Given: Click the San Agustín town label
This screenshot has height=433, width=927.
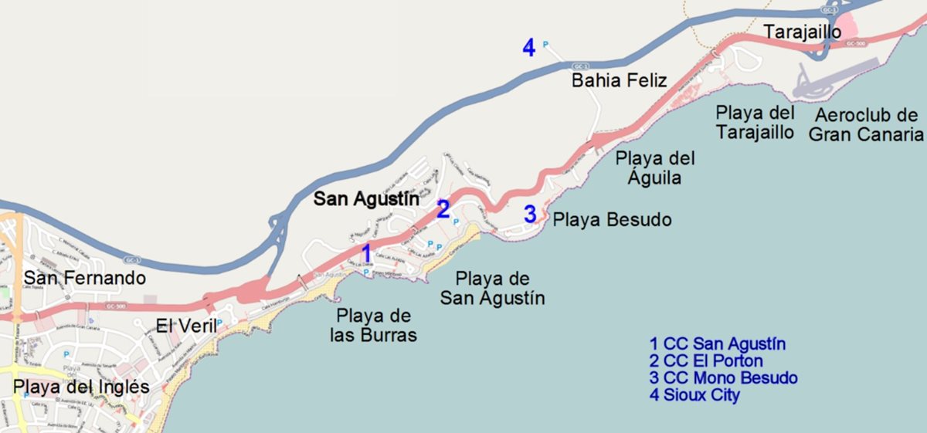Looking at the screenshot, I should [367, 199].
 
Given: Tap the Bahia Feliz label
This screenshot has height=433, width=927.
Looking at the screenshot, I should [619, 80].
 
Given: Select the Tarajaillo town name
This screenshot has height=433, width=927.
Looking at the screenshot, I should [802, 31].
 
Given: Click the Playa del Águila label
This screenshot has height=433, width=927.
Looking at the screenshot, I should [655, 168].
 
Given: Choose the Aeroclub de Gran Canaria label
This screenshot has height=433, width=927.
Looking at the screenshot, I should [866, 125].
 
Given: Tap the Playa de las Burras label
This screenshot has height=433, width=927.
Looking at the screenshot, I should [374, 326].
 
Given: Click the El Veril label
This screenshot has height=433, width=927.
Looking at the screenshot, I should [186, 325].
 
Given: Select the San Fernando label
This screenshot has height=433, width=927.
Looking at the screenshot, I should [84, 278].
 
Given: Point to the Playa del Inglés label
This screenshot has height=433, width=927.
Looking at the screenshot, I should [81, 387].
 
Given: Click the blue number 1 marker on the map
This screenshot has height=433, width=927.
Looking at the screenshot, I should [366, 252].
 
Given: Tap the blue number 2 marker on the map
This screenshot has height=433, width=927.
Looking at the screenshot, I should [443, 209].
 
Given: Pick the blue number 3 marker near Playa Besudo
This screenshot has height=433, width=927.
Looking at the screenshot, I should [530, 214].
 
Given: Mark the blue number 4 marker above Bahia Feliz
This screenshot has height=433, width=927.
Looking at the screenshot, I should [528, 48].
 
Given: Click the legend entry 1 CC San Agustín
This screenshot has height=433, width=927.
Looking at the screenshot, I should [718, 344].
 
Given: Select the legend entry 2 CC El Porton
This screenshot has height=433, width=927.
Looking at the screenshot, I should [706, 361].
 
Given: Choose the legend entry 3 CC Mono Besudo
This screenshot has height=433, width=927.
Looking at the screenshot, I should [724, 378].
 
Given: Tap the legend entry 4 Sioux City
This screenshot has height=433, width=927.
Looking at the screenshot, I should [694, 395].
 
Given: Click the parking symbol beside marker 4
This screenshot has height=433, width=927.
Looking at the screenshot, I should [546, 45].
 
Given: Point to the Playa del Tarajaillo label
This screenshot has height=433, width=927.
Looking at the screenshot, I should [755, 122].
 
